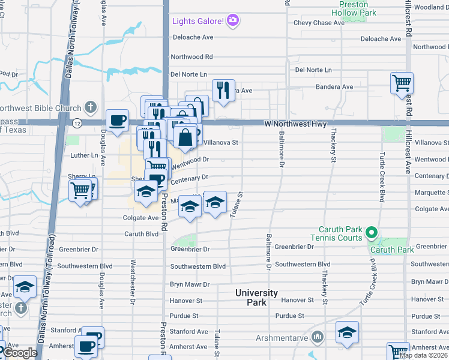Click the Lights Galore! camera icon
tap(234, 21)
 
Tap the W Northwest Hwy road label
tap(295, 124)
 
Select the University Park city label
tap(256, 298)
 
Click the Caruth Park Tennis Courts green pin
tap(372, 232)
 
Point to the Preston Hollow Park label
tap(354, 8)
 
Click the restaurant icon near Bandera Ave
tap(223, 91)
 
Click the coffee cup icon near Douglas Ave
tap(118, 119)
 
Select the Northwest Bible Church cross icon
tap(90, 108)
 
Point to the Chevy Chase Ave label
tap(319, 23)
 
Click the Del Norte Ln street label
tap(188, 74)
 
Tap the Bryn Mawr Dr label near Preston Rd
tap(189, 284)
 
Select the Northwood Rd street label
tap(191, 57)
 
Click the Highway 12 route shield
tap(77, 123)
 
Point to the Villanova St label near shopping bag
tap(221, 143)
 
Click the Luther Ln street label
tap(84, 155)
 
